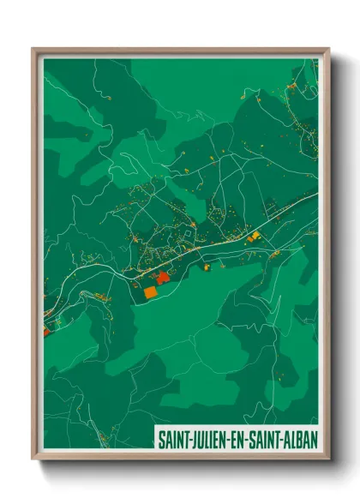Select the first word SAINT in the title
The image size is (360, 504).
tap(174, 439)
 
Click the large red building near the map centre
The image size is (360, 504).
tap(162, 275)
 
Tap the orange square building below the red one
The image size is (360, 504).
tap(151, 291)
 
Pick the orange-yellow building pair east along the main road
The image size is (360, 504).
tap(254, 237)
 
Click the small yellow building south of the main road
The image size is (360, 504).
tap(207, 267)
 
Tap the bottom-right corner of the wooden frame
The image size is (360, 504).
tap(328, 459)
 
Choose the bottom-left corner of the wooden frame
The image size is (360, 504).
tap(33, 459)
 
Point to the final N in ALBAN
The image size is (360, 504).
tap(315, 439)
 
